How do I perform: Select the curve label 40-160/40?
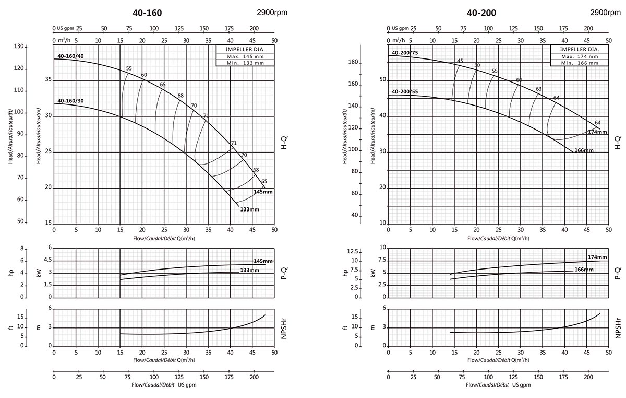(70, 56)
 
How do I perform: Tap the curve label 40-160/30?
(70, 100)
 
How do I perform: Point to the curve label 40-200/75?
(405, 52)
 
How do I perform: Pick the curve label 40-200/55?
(405, 92)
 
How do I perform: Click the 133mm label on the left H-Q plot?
(249, 209)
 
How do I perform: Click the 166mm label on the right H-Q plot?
(584, 150)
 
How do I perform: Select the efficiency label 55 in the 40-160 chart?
(129, 69)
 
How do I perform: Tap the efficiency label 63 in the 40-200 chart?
(539, 89)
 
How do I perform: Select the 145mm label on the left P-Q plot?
(263, 261)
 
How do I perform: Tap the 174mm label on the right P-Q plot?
(597, 257)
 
